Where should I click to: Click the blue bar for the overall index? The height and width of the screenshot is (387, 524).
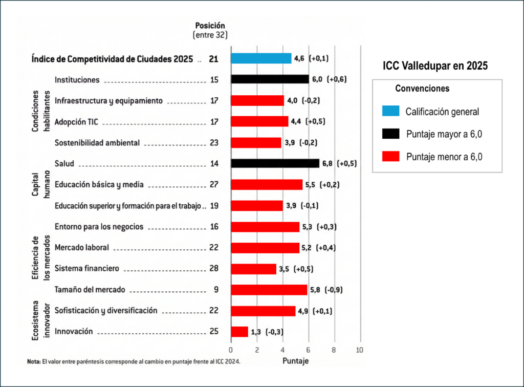[x=261, y=58]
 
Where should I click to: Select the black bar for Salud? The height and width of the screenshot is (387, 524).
[x=275, y=163]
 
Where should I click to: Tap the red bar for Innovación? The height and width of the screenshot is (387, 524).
[x=239, y=331]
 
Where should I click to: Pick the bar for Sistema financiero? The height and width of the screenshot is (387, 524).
[x=253, y=268]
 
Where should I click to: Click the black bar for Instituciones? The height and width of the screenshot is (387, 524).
[x=270, y=79]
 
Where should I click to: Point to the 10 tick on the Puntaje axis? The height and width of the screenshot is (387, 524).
[x=360, y=350]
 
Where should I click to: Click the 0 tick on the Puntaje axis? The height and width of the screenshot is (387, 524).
[x=231, y=350]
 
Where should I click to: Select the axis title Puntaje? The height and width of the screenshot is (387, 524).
[x=295, y=361]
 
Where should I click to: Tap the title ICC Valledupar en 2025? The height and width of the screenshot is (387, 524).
[x=435, y=66]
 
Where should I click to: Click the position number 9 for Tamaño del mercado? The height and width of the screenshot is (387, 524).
[x=216, y=290]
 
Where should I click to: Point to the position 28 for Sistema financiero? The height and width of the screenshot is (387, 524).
[x=214, y=268]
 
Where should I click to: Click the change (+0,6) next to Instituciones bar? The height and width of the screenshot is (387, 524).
[x=337, y=79]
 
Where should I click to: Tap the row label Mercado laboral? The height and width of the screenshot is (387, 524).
[x=82, y=247]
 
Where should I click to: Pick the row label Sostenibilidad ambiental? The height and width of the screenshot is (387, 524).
[x=97, y=143]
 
